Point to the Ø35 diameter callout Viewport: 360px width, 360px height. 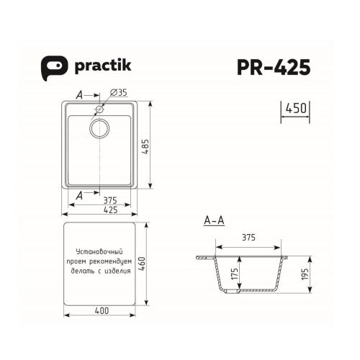[x=118, y=93]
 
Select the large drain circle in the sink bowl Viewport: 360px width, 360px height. [x=99, y=129]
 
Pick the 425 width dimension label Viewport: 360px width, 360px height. [x=101, y=211]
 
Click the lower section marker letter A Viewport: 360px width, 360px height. [x=78, y=194]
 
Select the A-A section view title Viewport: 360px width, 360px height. [x=214, y=220]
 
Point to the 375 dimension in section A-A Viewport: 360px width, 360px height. [x=248, y=236]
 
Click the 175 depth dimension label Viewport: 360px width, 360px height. [x=236, y=275]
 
